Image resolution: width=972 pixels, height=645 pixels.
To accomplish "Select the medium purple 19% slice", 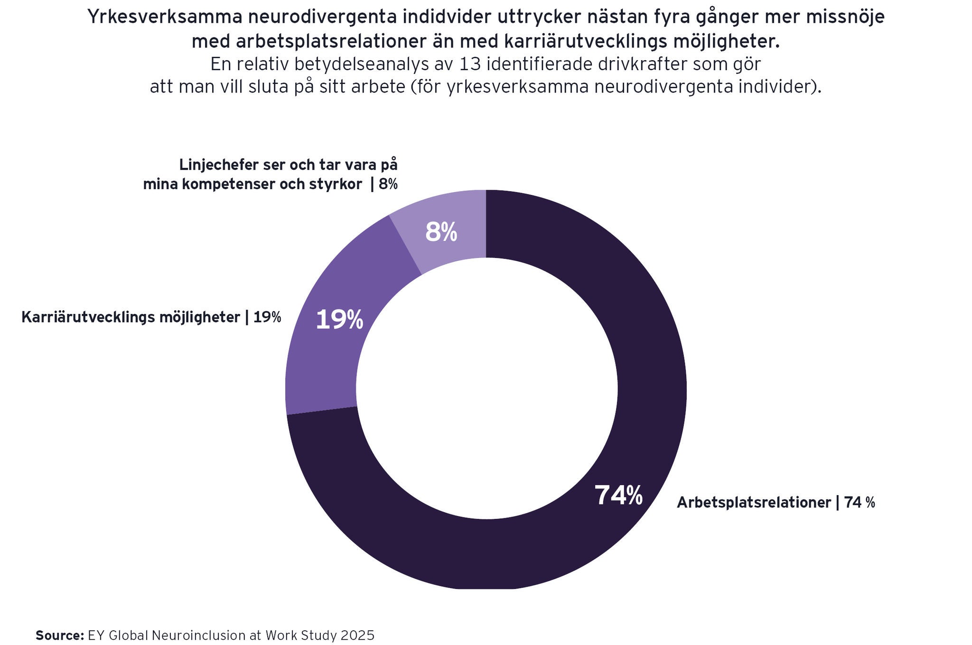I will coord(323,360).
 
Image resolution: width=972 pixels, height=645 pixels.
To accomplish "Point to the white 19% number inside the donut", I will coord(339,320).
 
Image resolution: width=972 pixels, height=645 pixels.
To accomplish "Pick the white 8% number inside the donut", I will coord(441,232).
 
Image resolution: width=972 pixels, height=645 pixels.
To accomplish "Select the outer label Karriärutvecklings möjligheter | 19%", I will coord(151,317).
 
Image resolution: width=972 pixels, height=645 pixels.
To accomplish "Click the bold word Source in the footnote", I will coord(60,635).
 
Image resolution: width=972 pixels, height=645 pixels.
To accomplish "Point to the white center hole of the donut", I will coord(486,389).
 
